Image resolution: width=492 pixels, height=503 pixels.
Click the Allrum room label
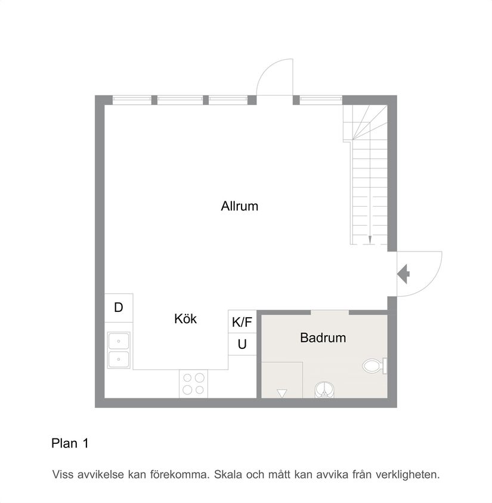239,207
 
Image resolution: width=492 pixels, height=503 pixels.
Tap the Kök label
185,319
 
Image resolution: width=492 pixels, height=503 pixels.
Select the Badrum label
323,338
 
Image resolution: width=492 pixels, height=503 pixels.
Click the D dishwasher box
119,308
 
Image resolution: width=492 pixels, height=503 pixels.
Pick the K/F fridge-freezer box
242,322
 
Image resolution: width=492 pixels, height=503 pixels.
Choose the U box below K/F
242,344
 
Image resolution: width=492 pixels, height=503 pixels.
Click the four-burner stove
193,384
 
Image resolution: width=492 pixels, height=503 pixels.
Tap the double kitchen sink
119,350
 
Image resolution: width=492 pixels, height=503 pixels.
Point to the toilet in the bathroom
373,365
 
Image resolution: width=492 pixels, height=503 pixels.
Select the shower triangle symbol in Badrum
282,392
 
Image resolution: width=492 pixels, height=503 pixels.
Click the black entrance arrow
404,274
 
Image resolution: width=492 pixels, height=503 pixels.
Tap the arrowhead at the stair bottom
370,240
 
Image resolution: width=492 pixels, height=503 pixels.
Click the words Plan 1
70,443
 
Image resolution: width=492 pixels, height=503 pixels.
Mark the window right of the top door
321,100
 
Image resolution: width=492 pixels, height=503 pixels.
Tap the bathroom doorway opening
330,312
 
